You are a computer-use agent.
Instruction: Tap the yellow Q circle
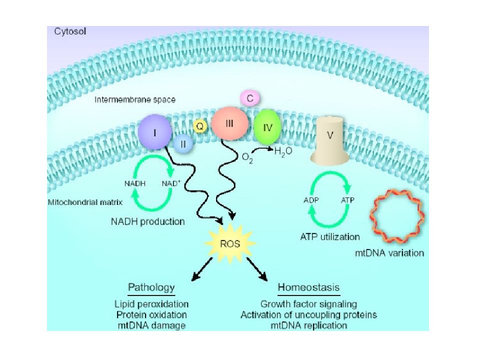[199, 126]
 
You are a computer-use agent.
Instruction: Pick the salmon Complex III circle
[229, 123]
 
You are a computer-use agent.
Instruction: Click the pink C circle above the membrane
[250, 98]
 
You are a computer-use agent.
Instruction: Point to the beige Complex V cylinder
[329, 140]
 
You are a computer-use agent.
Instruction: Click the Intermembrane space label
[135, 100]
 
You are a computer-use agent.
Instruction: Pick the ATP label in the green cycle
[348, 199]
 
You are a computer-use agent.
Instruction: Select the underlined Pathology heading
[151, 287]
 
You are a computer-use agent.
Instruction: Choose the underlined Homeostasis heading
[308, 287]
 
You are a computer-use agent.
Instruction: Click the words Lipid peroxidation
[151, 303]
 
